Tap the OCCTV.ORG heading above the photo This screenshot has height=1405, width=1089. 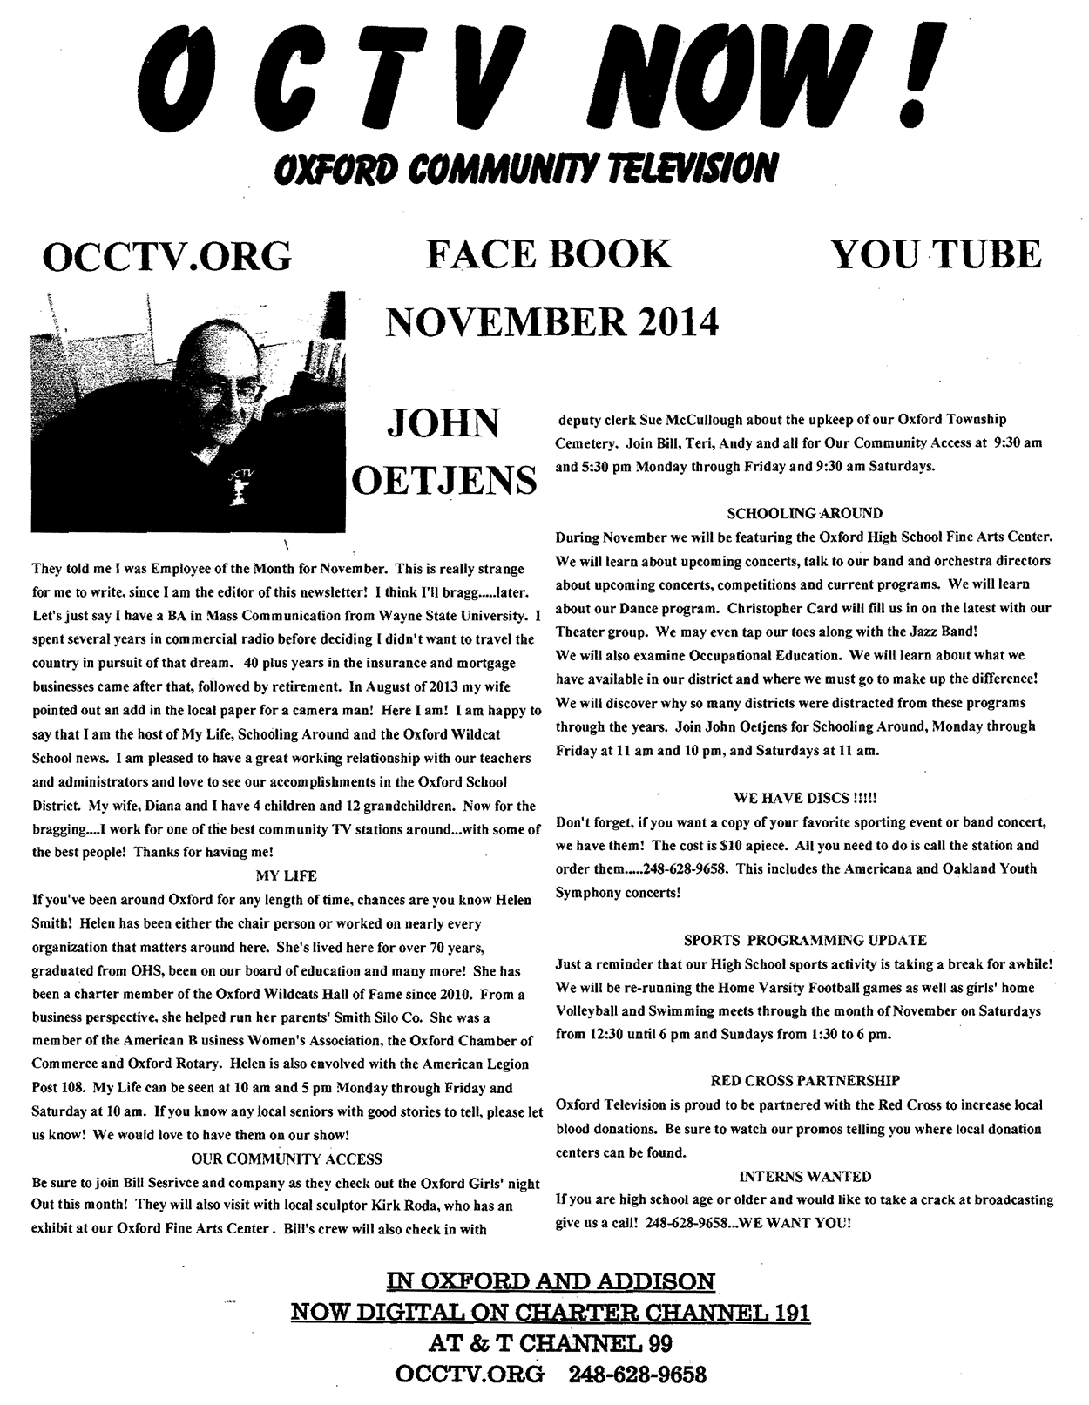coord(166,255)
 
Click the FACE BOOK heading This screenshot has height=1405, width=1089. coord(549,253)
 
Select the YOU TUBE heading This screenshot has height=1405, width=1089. coord(937,253)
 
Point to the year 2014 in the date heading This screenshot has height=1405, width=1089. coord(677,321)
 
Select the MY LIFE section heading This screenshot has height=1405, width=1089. coord(287,875)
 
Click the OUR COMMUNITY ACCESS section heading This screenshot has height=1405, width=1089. coord(287,1158)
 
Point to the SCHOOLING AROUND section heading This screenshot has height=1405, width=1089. coord(804,513)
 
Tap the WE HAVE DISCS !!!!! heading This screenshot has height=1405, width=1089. coord(804,797)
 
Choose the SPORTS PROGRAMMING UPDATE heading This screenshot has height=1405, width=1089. coord(804,941)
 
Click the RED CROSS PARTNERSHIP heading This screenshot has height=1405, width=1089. coord(804,1081)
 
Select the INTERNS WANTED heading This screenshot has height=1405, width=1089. coord(804,1176)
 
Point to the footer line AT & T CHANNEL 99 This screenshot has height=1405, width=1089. coord(550,1343)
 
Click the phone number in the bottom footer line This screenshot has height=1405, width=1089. coord(637,1375)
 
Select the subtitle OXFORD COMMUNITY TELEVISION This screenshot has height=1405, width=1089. coord(523,167)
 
